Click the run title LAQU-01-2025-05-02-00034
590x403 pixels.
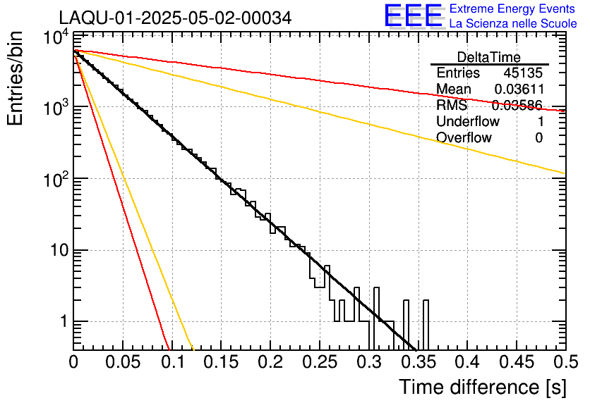[174, 18]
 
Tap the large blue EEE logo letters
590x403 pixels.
[413, 16]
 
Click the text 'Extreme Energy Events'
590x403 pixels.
[512, 9]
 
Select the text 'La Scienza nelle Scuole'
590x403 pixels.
[512, 24]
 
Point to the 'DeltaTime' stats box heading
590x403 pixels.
[489, 57]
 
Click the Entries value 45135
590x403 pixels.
[523, 73]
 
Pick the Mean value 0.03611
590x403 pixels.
[518, 89]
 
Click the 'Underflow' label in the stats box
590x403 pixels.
[468, 122]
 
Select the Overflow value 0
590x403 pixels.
[538, 138]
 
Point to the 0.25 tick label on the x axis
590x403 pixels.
[319, 362]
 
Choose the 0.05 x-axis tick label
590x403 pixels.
[122, 362]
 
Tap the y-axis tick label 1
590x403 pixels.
[62, 322]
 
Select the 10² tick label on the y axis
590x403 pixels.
[54, 178]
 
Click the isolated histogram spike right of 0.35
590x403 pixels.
[426, 324]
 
